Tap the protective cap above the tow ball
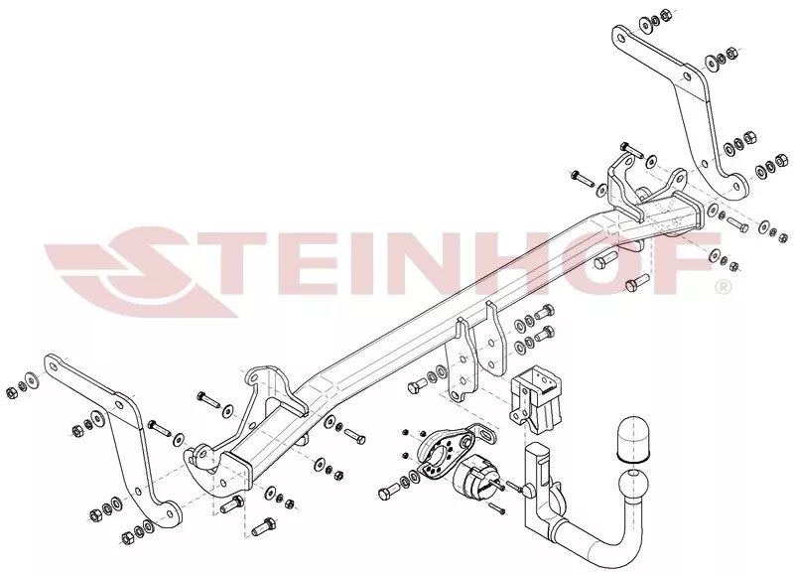[x=631, y=437]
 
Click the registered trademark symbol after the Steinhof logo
[x=724, y=287]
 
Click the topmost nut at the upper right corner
[x=667, y=14]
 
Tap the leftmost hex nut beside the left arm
[x=10, y=392]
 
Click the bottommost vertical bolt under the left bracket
[x=263, y=527]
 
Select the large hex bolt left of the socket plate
[x=389, y=492]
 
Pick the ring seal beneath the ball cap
[x=631, y=460]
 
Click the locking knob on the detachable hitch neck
[x=529, y=490]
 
